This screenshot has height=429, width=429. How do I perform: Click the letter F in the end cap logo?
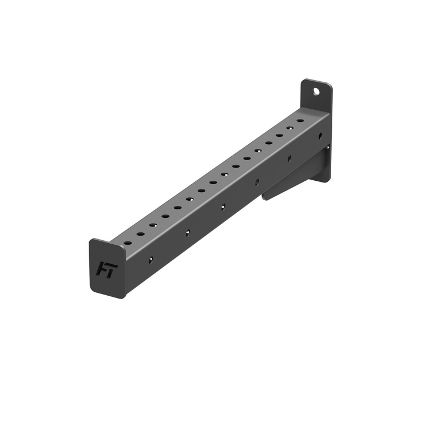coord(101,269)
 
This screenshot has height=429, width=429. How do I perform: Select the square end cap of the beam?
coord(108,268)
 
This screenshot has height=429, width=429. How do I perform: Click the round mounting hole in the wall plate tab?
coord(316,91)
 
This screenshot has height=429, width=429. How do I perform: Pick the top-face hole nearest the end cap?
coord(128,243)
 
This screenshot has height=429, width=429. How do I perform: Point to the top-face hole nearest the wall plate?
coord(300,120)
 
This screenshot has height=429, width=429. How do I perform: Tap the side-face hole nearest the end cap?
coord(151,260)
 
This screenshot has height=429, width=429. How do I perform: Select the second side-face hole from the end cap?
coord(188,233)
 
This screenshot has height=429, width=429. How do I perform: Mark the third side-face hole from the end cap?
coord(223,207)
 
